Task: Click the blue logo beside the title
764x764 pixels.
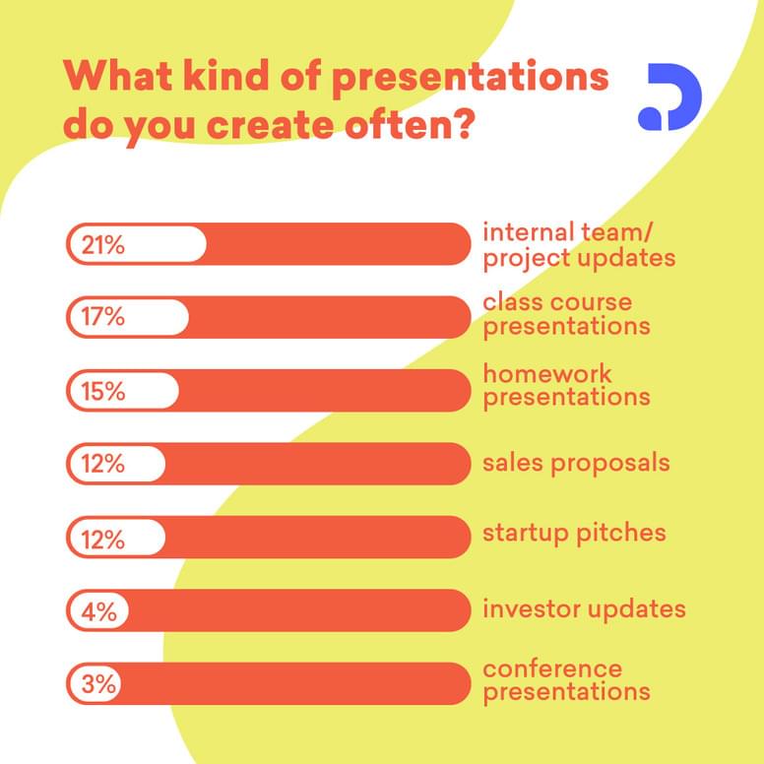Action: [x=669, y=96]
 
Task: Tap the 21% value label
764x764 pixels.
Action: [x=102, y=244]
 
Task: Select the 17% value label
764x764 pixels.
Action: [x=102, y=317]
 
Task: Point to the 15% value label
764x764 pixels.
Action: [x=102, y=391]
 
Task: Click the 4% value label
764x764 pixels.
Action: [x=98, y=611]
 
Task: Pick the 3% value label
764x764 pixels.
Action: [x=98, y=684]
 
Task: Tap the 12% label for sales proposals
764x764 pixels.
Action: [x=102, y=464]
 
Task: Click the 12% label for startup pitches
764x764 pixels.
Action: [x=102, y=540]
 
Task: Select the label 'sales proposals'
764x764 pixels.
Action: [x=576, y=464]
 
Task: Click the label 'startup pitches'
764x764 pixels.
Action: [x=574, y=533]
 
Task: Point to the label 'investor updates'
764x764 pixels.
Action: [x=584, y=609]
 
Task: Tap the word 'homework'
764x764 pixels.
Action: [x=546, y=374]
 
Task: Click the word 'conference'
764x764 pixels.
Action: [x=552, y=668]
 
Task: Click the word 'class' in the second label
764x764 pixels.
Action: [x=514, y=302]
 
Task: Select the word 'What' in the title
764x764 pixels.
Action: [x=118, y=76]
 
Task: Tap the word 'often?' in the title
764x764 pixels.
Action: [x=410, y=124]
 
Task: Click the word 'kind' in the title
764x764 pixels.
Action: [x=226, y=76]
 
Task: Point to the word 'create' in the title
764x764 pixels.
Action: [x=271, y=125]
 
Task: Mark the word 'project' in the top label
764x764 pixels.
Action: [x=526, y=259]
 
